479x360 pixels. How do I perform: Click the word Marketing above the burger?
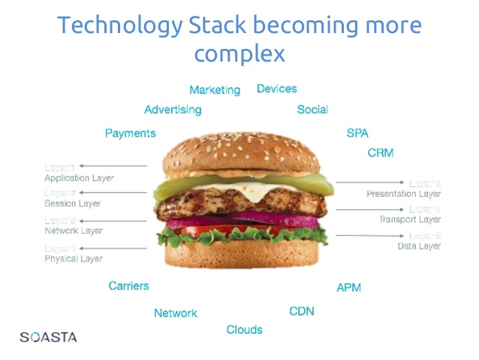point(215,90)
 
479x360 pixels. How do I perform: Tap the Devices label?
point(277,89)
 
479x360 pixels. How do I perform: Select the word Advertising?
point(173,110)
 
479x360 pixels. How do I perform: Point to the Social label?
point(312,110)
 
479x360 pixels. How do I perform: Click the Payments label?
point(131,133)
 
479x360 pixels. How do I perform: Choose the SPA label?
point(357,133)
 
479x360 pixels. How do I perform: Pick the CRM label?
point(381,153)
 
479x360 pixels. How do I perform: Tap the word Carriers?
point(128,286)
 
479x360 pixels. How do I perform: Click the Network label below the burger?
point(176,313)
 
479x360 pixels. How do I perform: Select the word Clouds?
point(245,330)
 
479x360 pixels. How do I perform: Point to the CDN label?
point(302,311)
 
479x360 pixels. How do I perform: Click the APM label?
point(348,288)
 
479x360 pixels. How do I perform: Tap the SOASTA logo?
point(48,337)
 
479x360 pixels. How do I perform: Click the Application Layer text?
point(79,179)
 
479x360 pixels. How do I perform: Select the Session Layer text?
point(72,204)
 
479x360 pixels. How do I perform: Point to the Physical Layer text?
point(74,259)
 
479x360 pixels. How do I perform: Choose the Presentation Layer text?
point(403,194)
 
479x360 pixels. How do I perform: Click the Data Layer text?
point(419,246)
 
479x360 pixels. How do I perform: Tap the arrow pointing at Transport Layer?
point(368,209)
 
